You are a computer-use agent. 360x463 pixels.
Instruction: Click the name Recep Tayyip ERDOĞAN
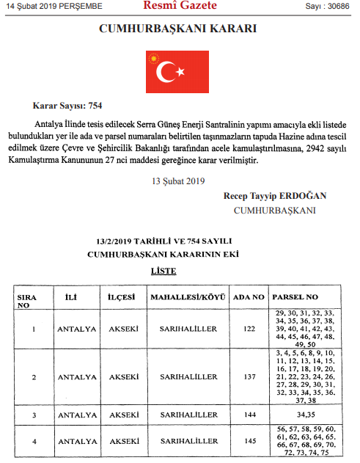[275, 196]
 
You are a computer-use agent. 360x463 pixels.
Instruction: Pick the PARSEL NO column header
[295, 299]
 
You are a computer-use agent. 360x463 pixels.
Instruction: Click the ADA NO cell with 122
[248, 329]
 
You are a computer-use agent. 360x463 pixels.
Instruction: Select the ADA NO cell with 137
[248, 377]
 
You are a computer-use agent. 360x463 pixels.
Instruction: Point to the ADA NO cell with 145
[248, 441]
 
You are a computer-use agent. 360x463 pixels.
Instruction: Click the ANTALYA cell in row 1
[76, 329]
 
